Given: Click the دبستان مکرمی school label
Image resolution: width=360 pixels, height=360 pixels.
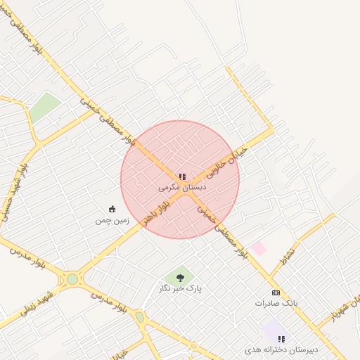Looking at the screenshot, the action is [182, 188].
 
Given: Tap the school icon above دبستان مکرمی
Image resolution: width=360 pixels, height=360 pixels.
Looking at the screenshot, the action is [182, 176].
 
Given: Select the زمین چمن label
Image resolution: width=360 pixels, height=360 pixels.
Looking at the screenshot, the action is [112, 220].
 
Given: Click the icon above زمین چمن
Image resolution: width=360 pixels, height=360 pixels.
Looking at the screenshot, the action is [112, 209].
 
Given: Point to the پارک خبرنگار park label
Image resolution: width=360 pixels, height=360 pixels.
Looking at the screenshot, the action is [180, 288].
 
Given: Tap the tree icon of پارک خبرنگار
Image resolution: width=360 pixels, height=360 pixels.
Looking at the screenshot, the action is [180, 278].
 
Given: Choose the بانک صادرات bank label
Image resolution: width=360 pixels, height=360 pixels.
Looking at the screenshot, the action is [276, 303].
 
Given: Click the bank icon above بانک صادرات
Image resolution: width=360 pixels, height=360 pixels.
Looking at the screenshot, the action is [276, 292].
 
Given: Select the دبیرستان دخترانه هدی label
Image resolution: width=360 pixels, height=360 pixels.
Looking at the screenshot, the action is [281, 349].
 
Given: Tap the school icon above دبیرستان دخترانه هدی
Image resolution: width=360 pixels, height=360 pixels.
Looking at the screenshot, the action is [281, 339].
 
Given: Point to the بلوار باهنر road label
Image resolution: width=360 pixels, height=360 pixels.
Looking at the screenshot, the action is [156, 210].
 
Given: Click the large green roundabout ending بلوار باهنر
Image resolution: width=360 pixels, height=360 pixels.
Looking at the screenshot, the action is [72, 279].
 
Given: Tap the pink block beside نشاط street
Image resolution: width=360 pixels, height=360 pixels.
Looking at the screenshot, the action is [259, 248].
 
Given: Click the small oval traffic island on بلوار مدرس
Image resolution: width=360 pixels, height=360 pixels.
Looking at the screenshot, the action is [139, 317].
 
